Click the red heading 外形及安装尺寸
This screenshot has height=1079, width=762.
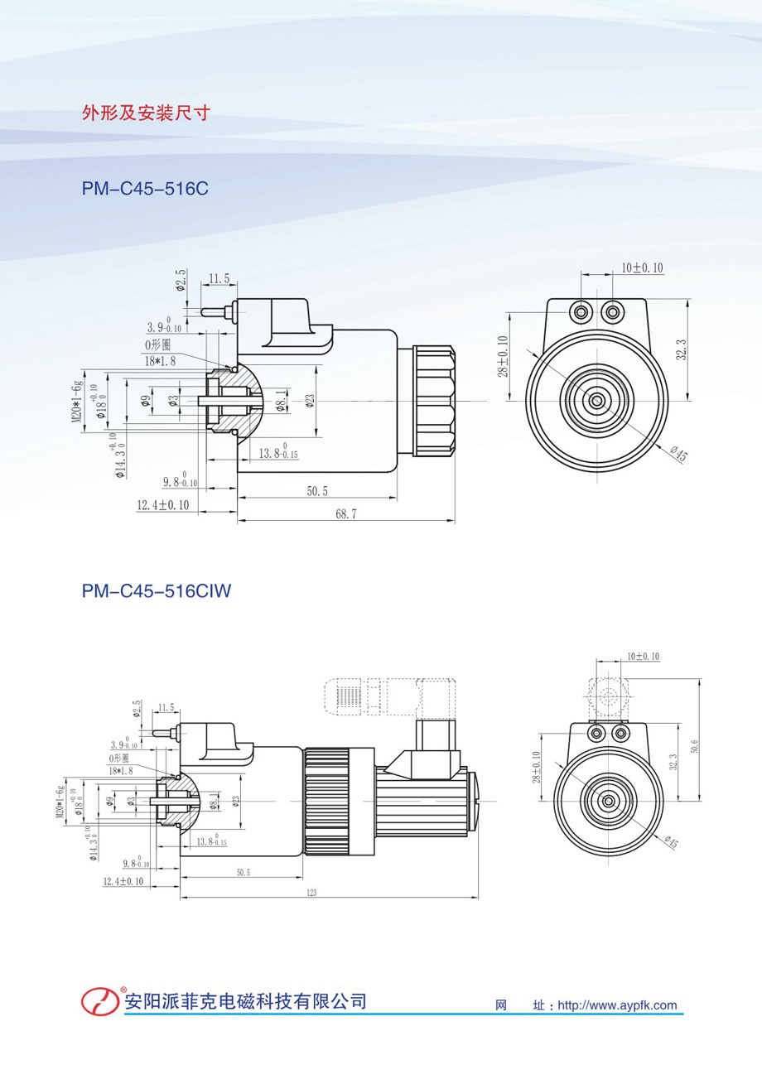point(146,113)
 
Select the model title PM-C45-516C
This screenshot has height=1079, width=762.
point(144,189)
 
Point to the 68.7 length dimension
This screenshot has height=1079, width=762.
point(346,513)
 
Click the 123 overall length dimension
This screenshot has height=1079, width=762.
point(311,893)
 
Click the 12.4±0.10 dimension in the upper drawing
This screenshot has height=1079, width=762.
point(163,504)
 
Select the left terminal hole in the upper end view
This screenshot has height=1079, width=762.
point(581,311)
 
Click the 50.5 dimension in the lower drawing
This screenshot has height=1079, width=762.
point(243,872)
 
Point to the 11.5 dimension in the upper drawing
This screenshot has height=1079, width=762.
point(219,280)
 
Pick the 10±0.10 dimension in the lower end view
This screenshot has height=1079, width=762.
point(643,656)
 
